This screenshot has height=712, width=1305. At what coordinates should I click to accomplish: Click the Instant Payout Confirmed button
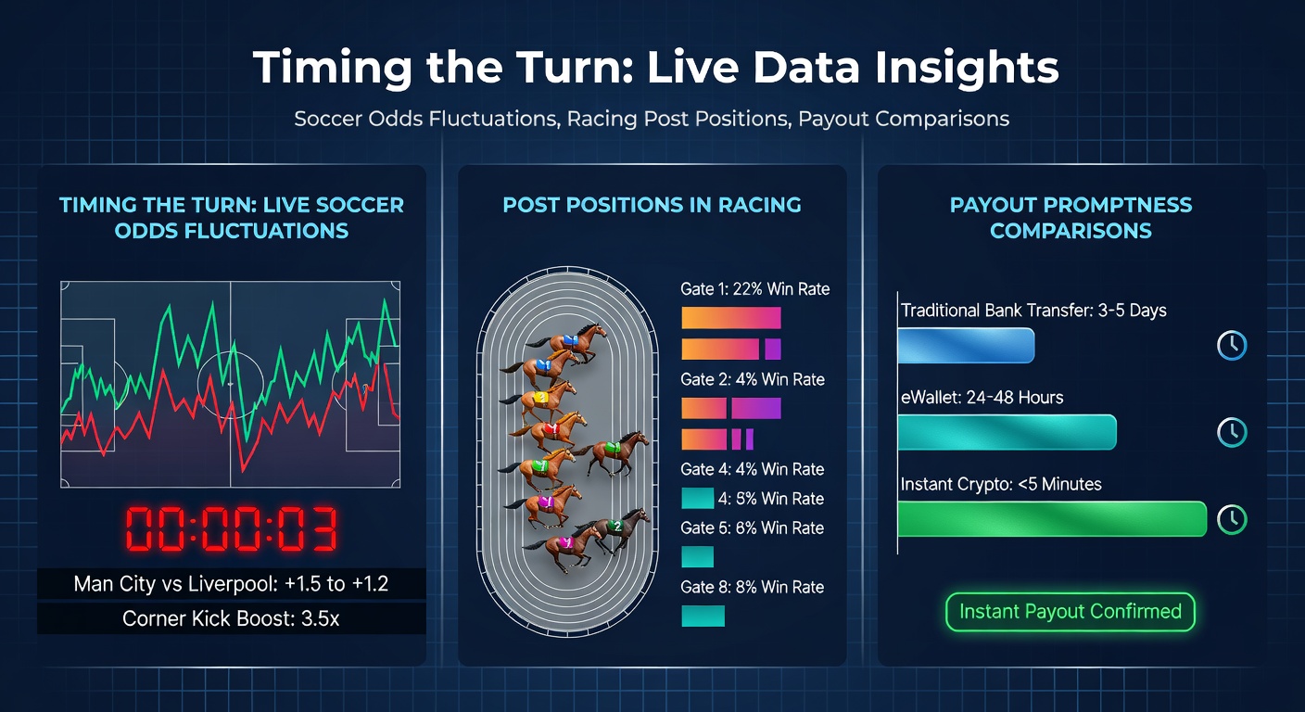[1070, 612]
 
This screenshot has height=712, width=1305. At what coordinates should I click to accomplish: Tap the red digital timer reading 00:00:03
[231, 530]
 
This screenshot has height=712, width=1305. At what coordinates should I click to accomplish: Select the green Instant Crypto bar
[1052, 519]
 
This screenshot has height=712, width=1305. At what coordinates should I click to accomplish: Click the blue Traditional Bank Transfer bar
[966, 345]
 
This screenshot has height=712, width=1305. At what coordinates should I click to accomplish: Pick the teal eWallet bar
[1007, 432]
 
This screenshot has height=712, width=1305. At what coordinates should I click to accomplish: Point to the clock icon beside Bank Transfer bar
[1232, 345]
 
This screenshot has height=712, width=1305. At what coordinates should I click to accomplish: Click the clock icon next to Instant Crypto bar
[1232, 519]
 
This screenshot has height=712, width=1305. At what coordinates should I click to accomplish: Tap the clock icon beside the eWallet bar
[1232, 432]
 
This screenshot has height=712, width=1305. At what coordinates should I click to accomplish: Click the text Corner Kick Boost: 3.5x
[231, 618]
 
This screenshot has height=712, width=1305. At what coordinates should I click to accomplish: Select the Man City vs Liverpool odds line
[231, 584]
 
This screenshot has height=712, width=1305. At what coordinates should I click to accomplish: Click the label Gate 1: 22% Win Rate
[755, 289]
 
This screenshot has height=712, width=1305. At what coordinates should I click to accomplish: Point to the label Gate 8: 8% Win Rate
[753, 587]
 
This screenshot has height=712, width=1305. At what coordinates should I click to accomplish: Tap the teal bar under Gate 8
[703, 616]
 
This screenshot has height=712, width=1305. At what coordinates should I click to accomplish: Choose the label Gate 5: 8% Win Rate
[753, 528]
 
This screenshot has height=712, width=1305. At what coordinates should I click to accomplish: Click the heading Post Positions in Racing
[652, 205]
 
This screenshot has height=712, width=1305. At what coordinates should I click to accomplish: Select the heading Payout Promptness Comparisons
[1071, 218]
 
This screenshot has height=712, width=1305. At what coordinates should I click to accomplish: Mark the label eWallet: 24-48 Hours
[982, 398]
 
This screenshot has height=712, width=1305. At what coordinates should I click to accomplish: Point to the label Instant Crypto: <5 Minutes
[1001, 484]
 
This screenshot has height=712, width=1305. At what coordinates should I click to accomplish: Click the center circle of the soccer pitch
[230, 383]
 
